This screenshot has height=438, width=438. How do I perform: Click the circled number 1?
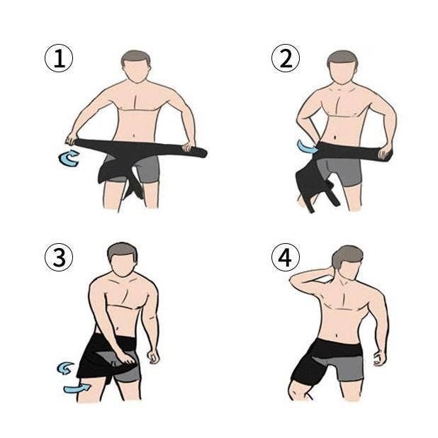pos(59,58)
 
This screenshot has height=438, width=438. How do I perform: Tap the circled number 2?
pos(286,58)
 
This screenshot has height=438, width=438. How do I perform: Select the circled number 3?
pos(59,257)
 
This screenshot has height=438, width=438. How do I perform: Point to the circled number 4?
pos(286,257)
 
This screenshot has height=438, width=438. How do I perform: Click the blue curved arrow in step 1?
pos(69,158)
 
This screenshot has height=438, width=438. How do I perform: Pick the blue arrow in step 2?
pos(307,147)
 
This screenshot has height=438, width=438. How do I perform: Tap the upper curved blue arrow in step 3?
pos(65,368)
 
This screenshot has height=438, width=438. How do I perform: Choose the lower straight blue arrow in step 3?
pos(77,388)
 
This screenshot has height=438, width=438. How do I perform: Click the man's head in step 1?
pos(136,67)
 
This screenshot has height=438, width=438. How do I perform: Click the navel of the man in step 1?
pos(134,136)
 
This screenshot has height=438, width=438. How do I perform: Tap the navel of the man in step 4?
pos(337,335)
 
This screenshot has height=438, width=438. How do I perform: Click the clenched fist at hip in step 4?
pos(379,359)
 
